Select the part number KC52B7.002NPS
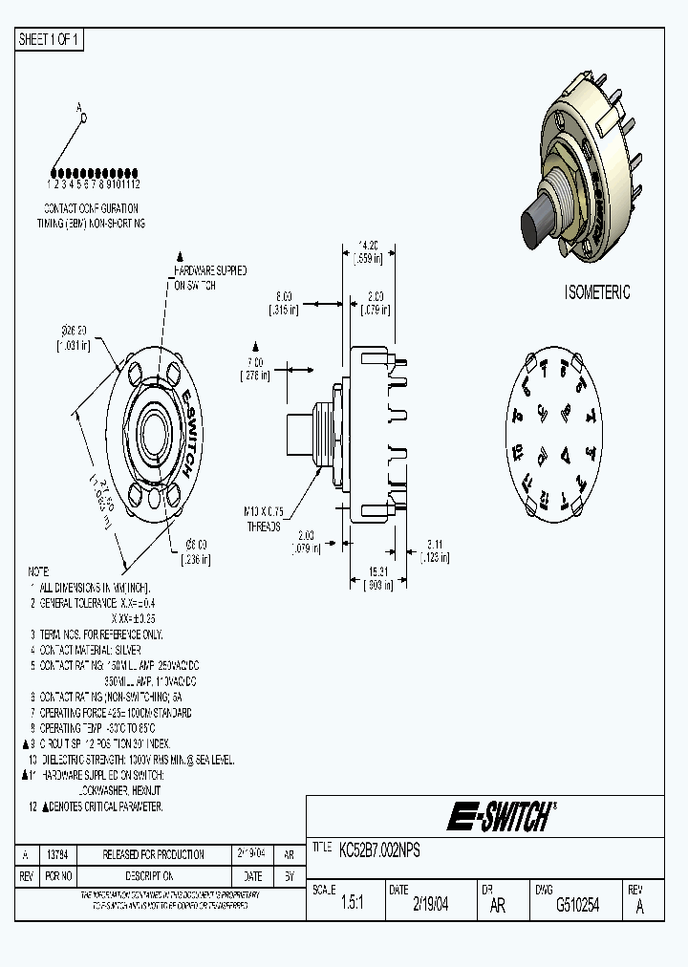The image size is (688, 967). [x=379, y=849]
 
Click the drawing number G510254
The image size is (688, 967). [x=577, y=906]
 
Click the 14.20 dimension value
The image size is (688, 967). [x=368, y=244]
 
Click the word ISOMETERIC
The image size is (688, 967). [x=597, y=293]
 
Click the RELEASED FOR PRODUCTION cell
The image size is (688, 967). [x=153, y=853]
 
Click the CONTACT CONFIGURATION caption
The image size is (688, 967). [x=91, y=207]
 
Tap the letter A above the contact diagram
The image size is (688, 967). [x=80, y=108]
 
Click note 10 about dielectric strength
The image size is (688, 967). [x=129, y=759]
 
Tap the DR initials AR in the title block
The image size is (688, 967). [x=498, y=906]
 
